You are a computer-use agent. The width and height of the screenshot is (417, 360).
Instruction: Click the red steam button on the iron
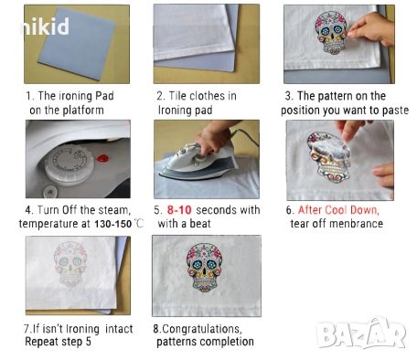click(x=102, y=158)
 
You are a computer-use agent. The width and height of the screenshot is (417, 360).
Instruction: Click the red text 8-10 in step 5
click(x=179, y=210)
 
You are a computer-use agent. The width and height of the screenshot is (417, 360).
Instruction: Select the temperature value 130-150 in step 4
click(x=112, y=224)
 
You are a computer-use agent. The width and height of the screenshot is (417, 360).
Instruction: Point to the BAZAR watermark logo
click(x=361, y=334)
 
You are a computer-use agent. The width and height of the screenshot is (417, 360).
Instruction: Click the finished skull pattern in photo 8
click(x=205, y=267)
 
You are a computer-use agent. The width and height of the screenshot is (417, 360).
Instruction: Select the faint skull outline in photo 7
click(x=70, y=264)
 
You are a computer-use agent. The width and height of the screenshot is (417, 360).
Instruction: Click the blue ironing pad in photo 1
click(x=77, y=44)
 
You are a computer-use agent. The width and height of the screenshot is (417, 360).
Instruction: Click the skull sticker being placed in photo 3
click(x=331, y=32)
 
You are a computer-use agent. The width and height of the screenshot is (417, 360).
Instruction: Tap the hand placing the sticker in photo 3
click(x=372, y=29)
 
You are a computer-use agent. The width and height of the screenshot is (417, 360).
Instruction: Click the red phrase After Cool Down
click(x=338, y=210)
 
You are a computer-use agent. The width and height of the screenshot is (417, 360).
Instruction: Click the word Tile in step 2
click(x=176, y=96)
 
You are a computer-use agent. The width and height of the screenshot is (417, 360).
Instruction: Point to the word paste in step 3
click(x=395, y=111)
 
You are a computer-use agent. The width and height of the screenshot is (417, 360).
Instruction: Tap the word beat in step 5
click(x=200, y=224)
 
